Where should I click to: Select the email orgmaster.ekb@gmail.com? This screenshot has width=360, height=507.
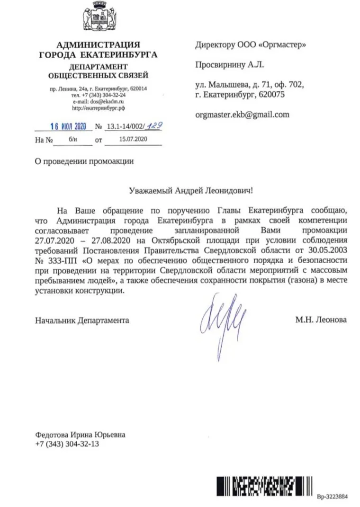click(x=242, y=114)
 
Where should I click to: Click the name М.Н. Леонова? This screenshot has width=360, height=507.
click(x=321, y=320)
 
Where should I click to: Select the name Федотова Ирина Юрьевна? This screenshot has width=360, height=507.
click(x=81, y=435)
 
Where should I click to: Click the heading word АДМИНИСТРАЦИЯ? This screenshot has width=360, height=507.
click(x=99, y=45)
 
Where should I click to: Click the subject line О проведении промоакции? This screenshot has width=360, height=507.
click(x=84, y=161)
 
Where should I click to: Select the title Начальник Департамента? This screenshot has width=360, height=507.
click(x=82, y=320)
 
